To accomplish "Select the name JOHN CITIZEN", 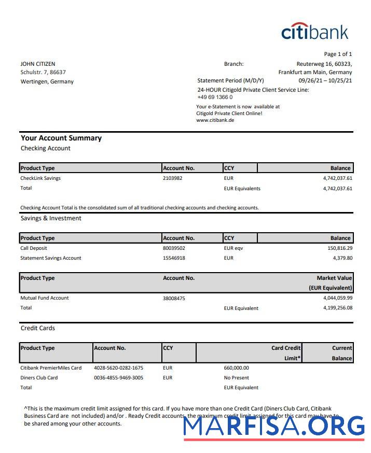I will (38, 64).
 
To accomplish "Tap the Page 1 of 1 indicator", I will (338, 54).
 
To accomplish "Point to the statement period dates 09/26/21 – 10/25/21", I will (325, 80).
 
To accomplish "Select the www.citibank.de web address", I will (215, 120).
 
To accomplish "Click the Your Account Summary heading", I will (61, 138).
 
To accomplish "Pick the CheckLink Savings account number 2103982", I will (173, 178).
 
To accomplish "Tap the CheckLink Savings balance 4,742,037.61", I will (337, 178).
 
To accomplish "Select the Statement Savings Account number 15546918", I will (174, 258).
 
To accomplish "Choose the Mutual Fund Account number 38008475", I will (174, 299).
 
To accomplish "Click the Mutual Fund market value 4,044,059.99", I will (337, 298).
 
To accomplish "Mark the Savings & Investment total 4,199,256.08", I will (337, 308).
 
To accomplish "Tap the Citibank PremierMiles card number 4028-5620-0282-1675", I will (118, 368).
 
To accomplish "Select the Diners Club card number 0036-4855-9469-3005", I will (118, 378).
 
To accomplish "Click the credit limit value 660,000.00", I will (236, 368).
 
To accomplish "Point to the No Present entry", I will (236, 378).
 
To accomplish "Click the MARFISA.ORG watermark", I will (274, 425).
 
